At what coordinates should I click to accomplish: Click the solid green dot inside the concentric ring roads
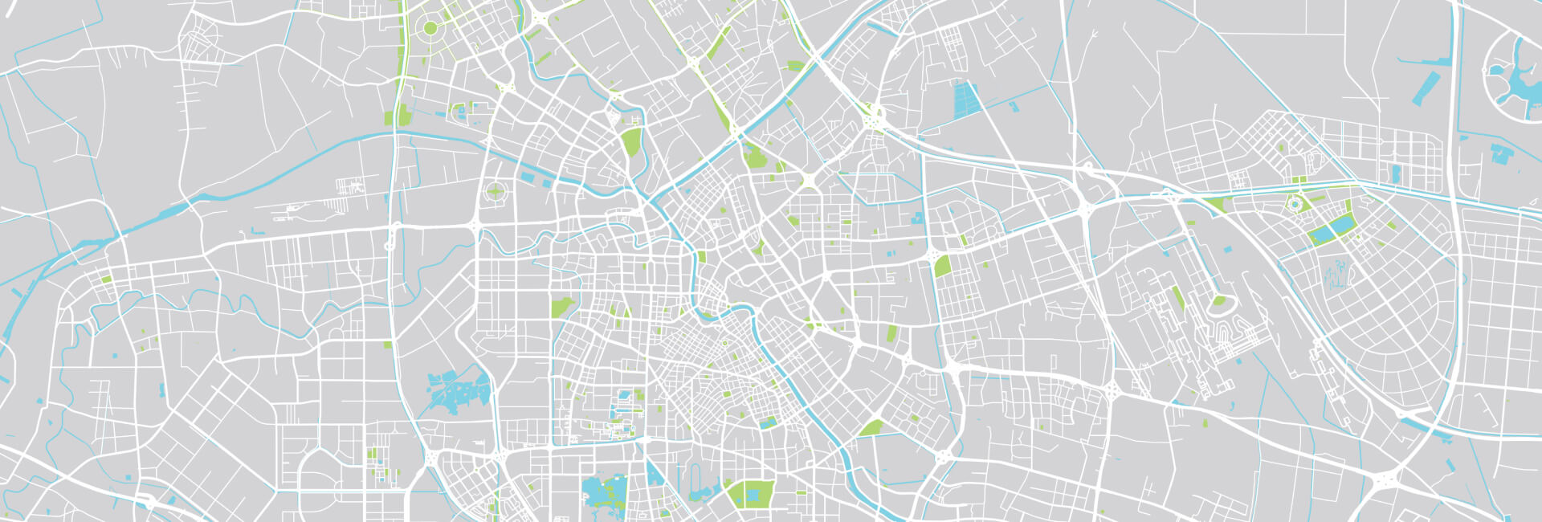point(430,28)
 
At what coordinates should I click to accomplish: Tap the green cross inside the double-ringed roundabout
point(496,192)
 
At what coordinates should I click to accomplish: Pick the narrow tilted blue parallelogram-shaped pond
point(1426,88)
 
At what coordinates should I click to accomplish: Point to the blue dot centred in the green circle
point(1295,205)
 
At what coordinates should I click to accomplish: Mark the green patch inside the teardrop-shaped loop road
point(1220,302)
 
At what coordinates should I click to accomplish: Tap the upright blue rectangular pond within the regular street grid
point(1396,173)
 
